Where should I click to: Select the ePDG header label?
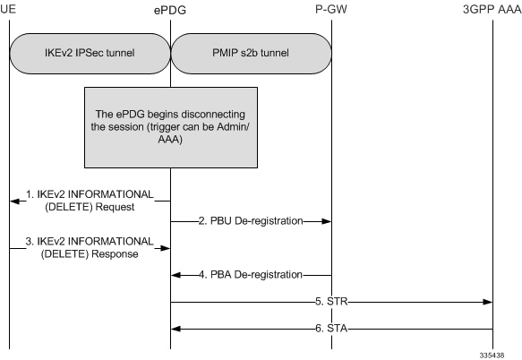(170, 9)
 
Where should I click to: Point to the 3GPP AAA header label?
(491, 9)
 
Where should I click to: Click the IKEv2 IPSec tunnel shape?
(90, 53)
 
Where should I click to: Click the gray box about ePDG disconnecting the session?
(170, 126)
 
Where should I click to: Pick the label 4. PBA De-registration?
(250, 274)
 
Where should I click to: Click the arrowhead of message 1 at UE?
(14, 201)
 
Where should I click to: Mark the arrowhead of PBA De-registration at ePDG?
(176, 274)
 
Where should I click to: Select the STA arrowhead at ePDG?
(176, 330)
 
